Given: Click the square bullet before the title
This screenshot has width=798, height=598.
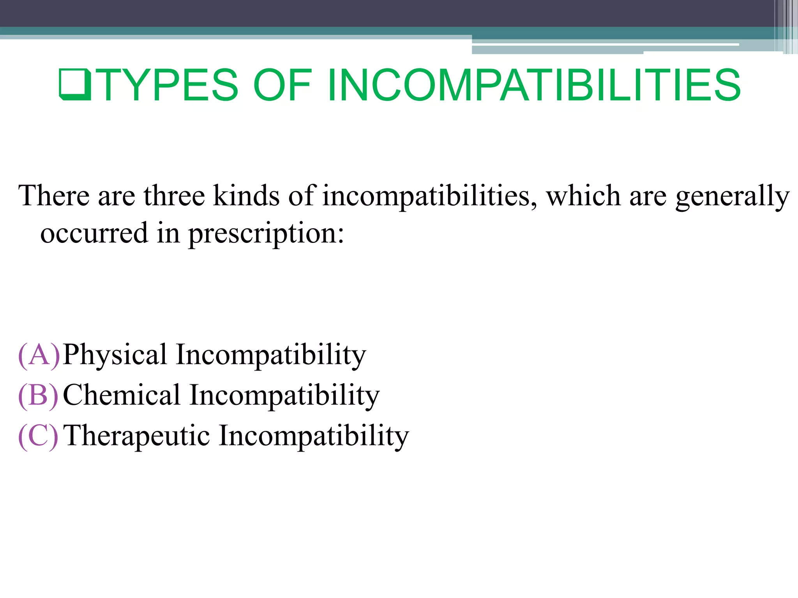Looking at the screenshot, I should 75,84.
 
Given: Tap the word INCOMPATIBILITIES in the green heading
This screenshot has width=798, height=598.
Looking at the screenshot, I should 534,85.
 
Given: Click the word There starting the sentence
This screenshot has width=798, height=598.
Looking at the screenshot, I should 54,195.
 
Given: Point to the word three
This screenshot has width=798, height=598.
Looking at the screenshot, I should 174,195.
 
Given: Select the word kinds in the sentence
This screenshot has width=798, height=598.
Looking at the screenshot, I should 246,195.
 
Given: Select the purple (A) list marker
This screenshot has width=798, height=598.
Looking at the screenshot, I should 39,355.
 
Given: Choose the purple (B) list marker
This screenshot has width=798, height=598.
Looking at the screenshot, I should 38,396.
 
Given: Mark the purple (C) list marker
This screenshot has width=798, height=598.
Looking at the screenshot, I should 38,436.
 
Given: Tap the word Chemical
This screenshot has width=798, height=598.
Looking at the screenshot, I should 122,396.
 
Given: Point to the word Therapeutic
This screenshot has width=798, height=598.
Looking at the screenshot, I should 137,436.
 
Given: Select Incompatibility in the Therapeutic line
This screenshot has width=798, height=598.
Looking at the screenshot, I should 314,436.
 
